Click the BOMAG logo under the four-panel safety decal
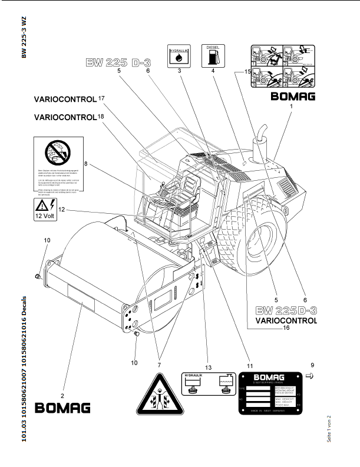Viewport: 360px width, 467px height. (292, 97)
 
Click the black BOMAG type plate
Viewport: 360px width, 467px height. (271, 393)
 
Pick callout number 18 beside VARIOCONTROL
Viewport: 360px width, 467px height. (101, 117)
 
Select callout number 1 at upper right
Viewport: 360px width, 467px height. (290, 107)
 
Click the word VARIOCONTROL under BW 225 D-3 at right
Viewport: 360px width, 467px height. (286, 321)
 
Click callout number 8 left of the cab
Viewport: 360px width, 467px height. (85, 164)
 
